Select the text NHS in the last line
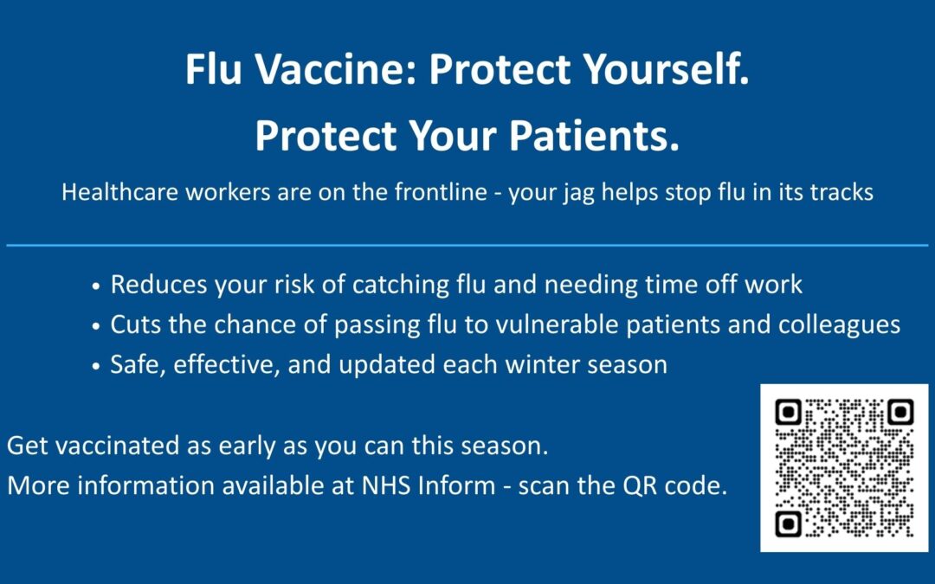[x=379, y=486]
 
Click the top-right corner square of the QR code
[x=899, y=413]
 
